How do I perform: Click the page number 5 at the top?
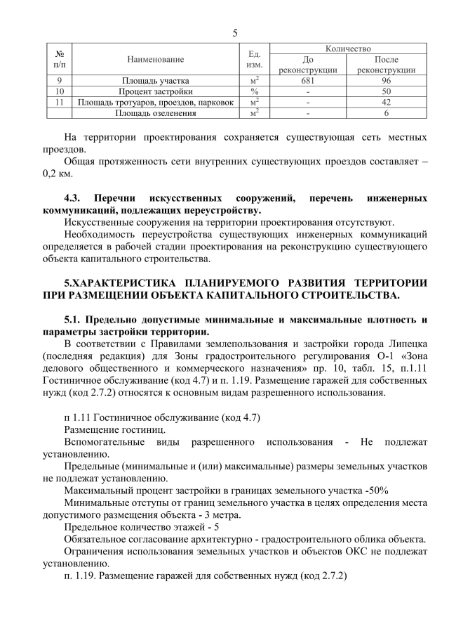pos(235,32)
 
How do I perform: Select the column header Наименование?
pos(156,59)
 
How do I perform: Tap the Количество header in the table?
pos(348,48)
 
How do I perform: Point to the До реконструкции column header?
pos(308,65)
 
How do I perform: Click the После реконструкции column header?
pos(386,65)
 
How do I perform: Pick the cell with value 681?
pos(308,81)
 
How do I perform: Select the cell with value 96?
pos(386,81)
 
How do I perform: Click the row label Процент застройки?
pos(156,91)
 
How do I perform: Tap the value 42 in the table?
pos(386,102)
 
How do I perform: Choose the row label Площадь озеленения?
pos(156,112)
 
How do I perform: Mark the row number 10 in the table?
pos(60,91)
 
